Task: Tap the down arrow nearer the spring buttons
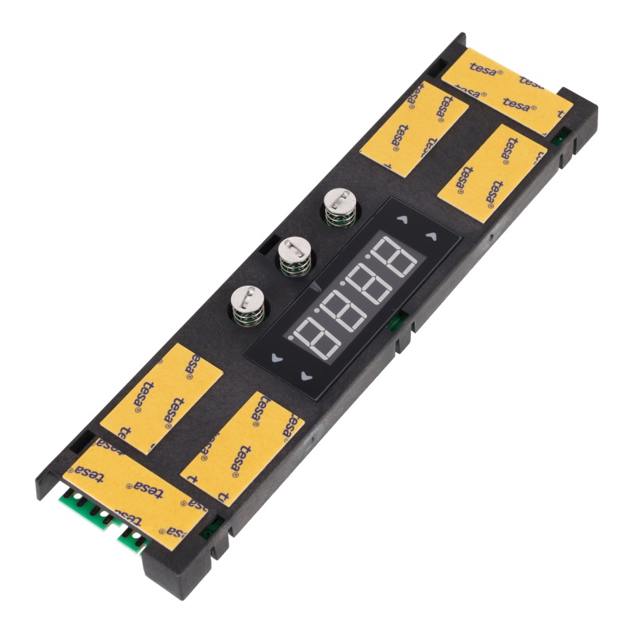(276, 358)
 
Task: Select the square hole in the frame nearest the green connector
(80, 438)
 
